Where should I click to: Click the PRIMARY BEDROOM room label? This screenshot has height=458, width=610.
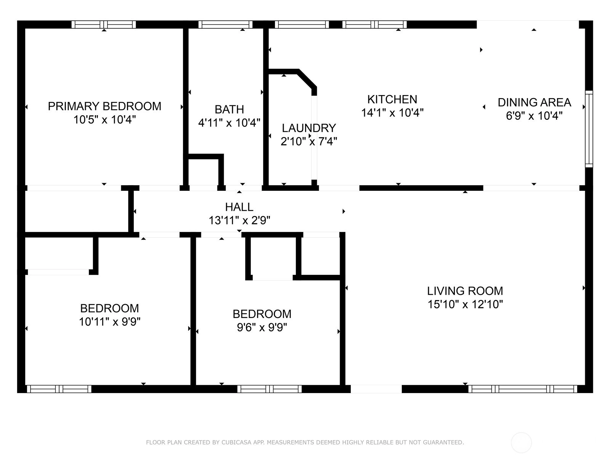coord(104,106)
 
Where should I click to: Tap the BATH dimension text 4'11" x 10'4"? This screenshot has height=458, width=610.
coord(229,123)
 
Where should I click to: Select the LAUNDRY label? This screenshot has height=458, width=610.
coord(309,128)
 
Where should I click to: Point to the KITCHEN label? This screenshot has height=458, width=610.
coord(392,99)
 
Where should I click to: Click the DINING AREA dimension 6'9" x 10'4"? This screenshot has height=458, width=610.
coord(534,115)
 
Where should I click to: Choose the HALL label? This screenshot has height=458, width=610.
coord(239,207)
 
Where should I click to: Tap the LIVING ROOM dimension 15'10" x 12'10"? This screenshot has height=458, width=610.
coord(465,304)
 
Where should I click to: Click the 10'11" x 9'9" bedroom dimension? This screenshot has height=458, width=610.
coord(109,322)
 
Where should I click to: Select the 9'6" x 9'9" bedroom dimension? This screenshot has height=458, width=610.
coord(262,327)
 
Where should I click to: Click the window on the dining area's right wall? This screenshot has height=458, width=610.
coord(589,129)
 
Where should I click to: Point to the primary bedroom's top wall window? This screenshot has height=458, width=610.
coord(104,24)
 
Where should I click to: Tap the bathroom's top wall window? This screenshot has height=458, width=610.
coord(225,24)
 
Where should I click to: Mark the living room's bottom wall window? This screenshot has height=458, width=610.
coord(522,389)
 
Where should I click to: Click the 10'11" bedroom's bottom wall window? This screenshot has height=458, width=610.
coord(59,389)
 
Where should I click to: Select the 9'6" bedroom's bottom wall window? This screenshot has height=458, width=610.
coord(269,389)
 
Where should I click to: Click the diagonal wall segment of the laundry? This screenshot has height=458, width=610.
coord(307,79)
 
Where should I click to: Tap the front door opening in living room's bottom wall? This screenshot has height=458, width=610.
coord(376,389)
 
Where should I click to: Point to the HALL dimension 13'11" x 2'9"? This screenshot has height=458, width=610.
coord(239,221)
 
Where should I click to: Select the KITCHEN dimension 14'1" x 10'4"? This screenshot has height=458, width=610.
coord(392,113)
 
